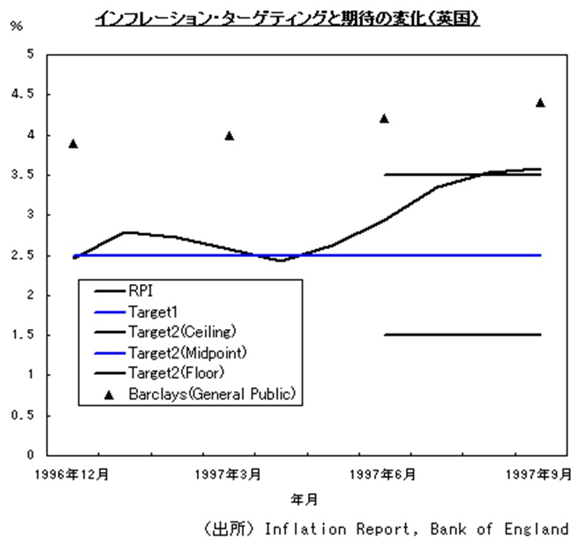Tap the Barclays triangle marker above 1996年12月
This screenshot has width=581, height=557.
coord(73,144)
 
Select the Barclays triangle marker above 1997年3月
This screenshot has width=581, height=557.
coord(229,136)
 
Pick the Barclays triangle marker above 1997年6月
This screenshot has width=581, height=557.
coord(384,119)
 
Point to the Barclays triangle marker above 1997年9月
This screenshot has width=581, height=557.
coord(540,102)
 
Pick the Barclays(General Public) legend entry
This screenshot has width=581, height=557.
coord(211,394)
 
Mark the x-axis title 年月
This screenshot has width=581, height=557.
coord(304,500)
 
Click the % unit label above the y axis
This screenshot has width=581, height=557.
coord(16,26)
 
